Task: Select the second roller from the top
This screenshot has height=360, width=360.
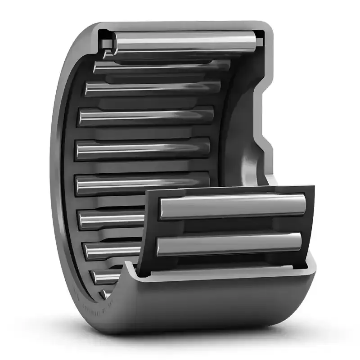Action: point(162,66)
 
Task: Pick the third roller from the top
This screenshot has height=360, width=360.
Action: point(153,88)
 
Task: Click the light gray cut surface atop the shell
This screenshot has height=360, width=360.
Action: point(180,25)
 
